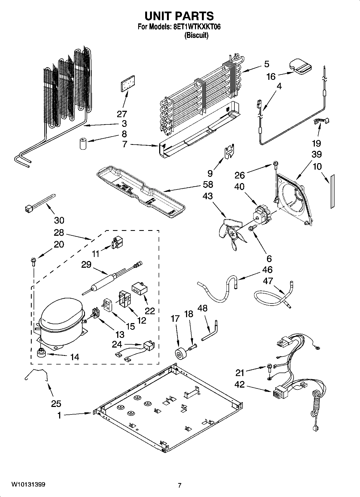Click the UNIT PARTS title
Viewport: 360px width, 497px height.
(x=179, y=16)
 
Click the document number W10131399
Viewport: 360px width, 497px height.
(x=28, y=485)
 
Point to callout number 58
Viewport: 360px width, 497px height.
(x=208, y=184)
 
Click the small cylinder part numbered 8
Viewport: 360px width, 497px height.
(x=83, y=143)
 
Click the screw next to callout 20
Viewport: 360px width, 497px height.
(x=33, y=261)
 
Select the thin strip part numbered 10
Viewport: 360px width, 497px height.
(x=333, y=191)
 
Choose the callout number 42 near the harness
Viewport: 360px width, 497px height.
(x=240, y=385)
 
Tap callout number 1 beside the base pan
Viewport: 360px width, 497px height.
(x=59, y=416)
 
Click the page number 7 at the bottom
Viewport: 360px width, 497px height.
(x=180, y=485)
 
